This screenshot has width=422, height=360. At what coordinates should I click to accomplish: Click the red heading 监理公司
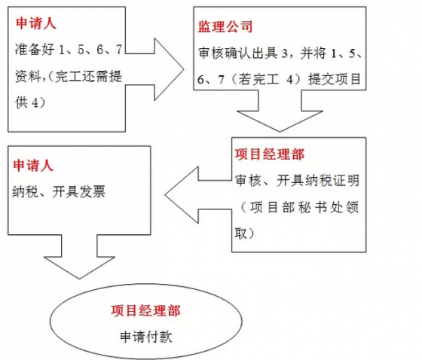pos(225,26)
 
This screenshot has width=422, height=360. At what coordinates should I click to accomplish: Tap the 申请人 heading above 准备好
pos(36,23)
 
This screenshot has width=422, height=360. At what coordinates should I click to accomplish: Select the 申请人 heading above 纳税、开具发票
pos(33,165)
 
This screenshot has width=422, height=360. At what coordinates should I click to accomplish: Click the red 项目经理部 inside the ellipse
pos(145,311)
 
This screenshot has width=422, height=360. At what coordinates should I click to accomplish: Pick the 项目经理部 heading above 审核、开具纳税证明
pos(270,154)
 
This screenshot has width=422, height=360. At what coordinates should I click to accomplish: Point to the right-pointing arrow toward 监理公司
pos(154,69)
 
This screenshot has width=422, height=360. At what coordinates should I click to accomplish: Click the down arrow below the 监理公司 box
pos(280,111)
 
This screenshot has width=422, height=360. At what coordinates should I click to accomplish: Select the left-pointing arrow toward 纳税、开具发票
pos(198,195)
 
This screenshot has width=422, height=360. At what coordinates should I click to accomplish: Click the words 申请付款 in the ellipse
pos(146,337)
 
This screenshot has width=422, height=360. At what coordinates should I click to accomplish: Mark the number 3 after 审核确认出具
pos(285,53)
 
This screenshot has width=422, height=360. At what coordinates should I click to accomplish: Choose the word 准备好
pos(35,49)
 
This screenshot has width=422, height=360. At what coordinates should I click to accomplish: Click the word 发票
pos(92,191)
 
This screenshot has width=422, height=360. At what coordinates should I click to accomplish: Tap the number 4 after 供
pos(35,102)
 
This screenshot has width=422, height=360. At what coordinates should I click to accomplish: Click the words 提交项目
pos(335,79)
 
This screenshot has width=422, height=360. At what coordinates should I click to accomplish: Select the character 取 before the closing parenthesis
pos(240,233)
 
